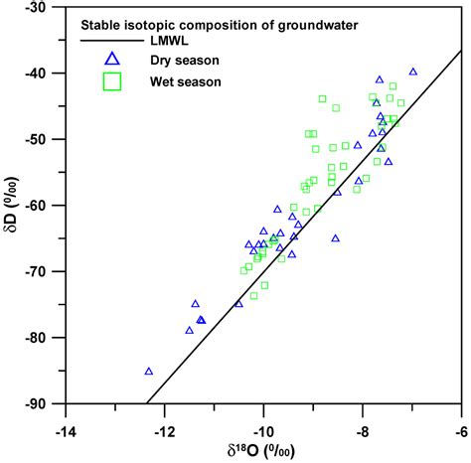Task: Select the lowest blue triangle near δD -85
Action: [x=149, y=372]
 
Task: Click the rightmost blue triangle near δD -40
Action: [x=413, y=72]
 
